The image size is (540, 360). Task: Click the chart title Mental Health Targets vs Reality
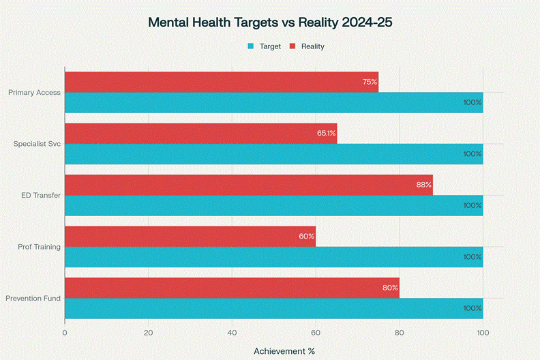pyautogui.click(x=270, y=22)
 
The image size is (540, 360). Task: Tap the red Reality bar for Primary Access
pyautogui.click(x=221, y=82)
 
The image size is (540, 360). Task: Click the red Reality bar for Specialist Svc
pyautogui.click(x=200, y=134)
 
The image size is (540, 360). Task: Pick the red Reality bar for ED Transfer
pyautogui.click(x=248, y=185)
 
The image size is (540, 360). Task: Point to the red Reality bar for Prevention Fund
pyautogui.click(x=232, y=288)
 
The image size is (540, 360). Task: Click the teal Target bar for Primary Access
pyautogui.click(x=273, y=103)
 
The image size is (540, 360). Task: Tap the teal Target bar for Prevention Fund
pyautogui.click(x=273, y=309)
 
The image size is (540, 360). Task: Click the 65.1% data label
pyautogui.click(x=326, y=134)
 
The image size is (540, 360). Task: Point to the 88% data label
pyautogui.click(x=423, y=185)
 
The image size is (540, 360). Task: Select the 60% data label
pyautogui.click(x=306, y=237)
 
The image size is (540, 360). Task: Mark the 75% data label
pyautogui.click(x=370, y=82)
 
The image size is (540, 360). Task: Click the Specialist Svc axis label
pyautogui.click(x=37, y=144)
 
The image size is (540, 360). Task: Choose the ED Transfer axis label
pyautogui.click(x=41, y=196)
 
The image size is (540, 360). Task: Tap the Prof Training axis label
pyautogui.click(x=39, y=247)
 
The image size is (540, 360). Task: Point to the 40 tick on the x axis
pyautogui.click(x=232, y=333)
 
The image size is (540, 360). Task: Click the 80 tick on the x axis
pyautogui.click(x=400, y=333)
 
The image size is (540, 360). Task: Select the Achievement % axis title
pyautogui.click(x=284, y=351)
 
